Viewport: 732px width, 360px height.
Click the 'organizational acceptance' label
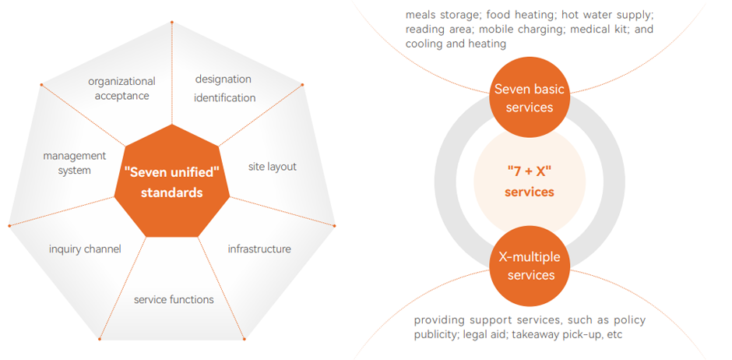point(121,89)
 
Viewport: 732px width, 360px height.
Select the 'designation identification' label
point(224,88)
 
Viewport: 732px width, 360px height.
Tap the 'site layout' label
point(272,167)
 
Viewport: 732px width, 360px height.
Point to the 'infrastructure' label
point(259,249)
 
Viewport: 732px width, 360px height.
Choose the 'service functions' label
point(174,299)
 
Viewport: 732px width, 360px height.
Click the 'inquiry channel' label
point(85,249)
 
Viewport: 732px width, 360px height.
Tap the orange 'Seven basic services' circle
point(529,98)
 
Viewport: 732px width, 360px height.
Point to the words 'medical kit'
point(598,30)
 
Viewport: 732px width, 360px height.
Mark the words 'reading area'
point(438,30)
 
